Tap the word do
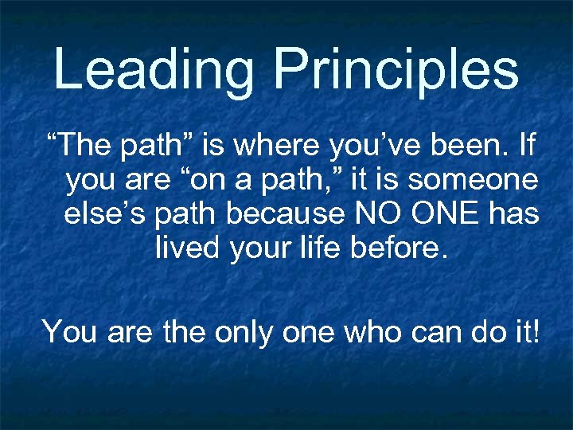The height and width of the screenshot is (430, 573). [496, 330]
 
